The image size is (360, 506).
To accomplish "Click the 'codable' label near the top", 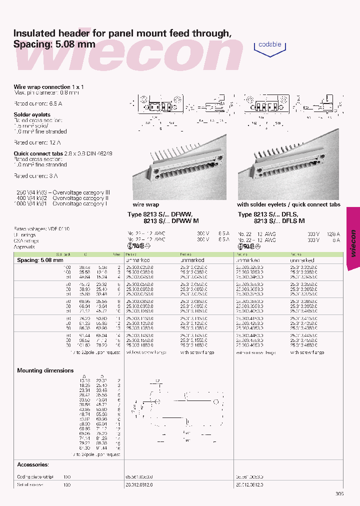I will (269, 44).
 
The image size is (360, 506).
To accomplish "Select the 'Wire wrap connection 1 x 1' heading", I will (48, 87).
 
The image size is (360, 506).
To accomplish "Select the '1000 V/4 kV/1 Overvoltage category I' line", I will (62, 203).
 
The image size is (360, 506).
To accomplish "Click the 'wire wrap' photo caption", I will (145, 205).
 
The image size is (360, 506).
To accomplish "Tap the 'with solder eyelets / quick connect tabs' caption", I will (288, 205).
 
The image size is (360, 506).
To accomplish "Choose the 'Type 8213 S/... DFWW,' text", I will (160, 214).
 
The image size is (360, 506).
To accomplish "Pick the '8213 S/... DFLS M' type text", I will (279, 220).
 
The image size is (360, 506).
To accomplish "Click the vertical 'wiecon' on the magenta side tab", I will (353, 243).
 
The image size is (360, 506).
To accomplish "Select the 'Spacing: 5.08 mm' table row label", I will (40, 260).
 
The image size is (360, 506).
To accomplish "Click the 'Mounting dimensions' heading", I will (45, 370).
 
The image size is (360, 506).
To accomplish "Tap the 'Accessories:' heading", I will (32, 464).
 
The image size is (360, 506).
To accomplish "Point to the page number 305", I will (339, 494).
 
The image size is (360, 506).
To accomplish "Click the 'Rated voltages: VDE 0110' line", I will (41, 228).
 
